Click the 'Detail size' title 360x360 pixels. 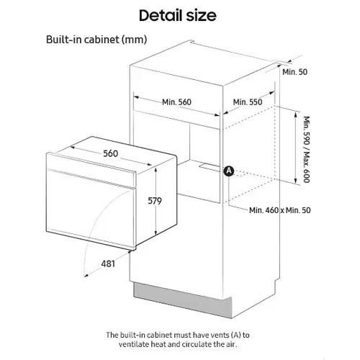[178, 15]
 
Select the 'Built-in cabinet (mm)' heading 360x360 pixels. [96, 40]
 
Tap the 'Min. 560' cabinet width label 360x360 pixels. [176, 102]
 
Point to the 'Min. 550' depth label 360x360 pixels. [248, 102]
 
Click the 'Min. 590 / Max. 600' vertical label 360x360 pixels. [307, 149]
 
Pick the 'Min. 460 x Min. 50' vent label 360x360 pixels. [280, 210]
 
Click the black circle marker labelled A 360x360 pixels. [229, 171]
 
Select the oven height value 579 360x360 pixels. [155, 201]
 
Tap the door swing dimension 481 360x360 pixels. [108, 264]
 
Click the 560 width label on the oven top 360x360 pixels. [111, 153]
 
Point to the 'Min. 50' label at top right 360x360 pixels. [294, 72]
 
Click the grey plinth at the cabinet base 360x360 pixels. [182, 300]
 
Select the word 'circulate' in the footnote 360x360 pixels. [197, 344]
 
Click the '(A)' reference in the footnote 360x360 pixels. [236, 335]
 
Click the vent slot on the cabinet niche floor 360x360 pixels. [210, 167]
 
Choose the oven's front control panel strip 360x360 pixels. [91, 169]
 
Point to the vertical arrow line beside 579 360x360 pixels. [156, 201]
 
